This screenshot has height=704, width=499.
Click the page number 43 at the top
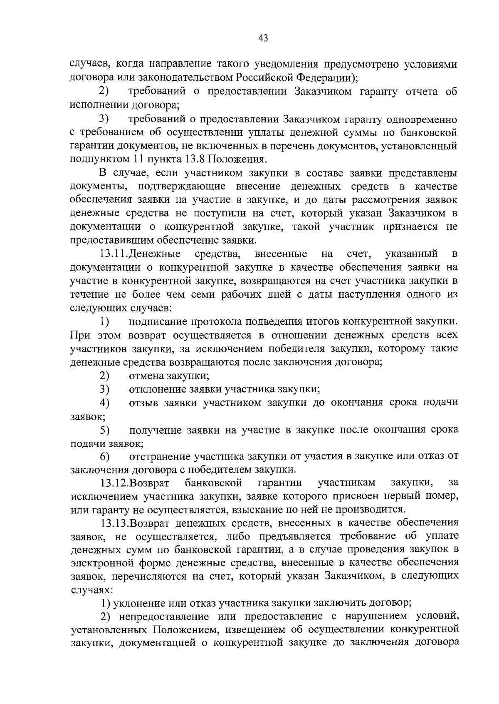(x=263, y=38)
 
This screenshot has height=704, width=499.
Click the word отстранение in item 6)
(x=161, y=456)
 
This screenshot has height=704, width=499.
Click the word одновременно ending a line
(x=422, y=119)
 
